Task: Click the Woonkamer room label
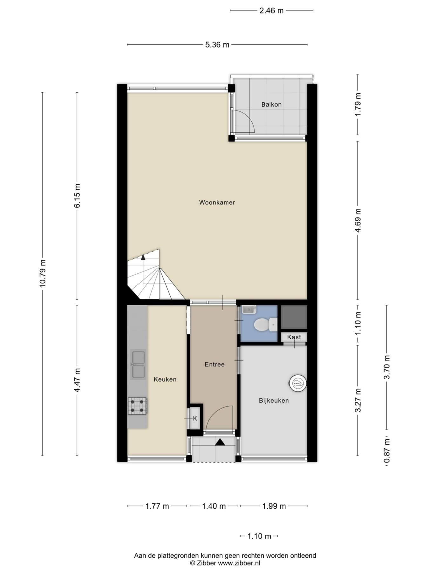point(217,202)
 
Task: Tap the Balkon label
point(271,104)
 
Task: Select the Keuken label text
point(165,379)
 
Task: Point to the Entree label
point(214,364)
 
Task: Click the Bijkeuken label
point(274,400)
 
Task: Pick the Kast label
point(294,337)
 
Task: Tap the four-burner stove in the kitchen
point(137,406)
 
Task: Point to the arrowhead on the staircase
point(143,257)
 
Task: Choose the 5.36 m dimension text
point(217,45)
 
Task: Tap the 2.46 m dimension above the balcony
point(271,11)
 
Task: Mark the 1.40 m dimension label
point(214,506)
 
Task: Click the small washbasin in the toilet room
point(249,309)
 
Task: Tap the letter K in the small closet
point(195,419)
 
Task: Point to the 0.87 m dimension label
point(387,451)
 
